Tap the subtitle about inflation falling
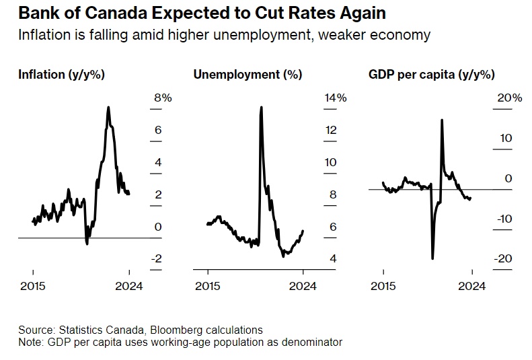224,35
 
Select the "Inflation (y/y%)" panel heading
61,75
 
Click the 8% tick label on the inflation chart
163,98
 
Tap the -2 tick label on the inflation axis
158,259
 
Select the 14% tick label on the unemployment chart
335,98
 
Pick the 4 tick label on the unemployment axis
332,259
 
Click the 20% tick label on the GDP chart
509,98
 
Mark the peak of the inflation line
108,107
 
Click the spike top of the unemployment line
260,107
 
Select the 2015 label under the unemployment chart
207,286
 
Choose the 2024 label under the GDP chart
472,286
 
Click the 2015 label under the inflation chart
32,286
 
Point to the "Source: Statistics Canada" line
141,330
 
